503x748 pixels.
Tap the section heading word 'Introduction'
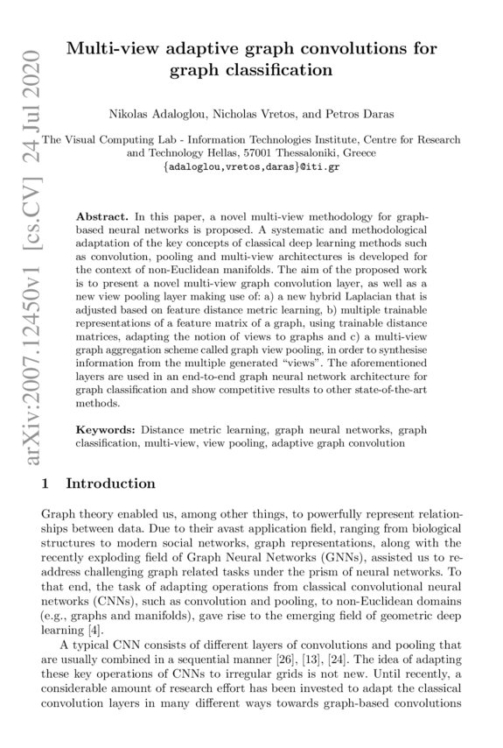tap(111, 483)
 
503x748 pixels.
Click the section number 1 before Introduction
tap(45, 483)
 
